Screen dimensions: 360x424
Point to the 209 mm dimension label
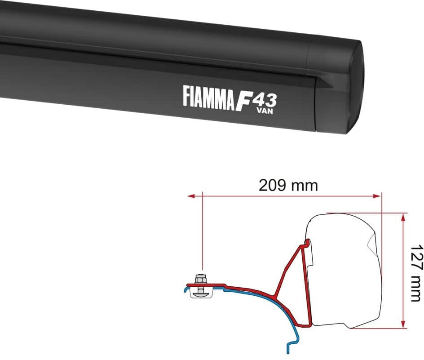pos(288,185)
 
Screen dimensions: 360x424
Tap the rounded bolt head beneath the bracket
pos(201,292)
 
